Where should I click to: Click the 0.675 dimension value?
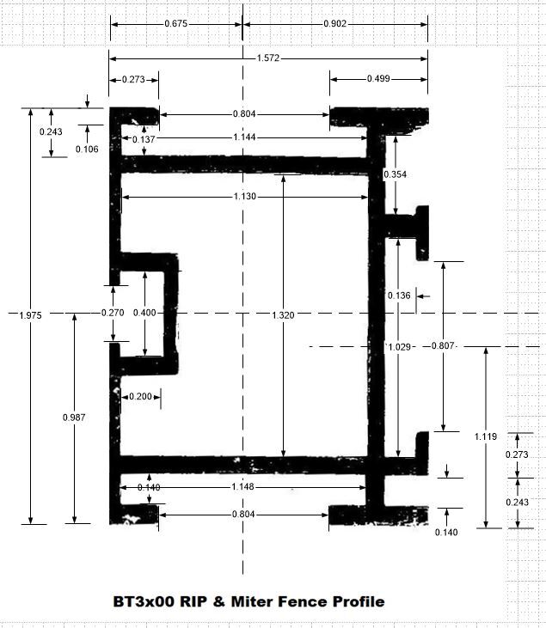[176, 24]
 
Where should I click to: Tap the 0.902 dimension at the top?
[334, 24]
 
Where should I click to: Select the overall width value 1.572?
[267, 58]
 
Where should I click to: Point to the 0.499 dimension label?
[378, 78]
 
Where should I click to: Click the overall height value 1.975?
[30, 315]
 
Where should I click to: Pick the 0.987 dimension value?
[74, 418]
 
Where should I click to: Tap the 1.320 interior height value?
[283, 315]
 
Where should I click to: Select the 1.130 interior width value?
[244, 197]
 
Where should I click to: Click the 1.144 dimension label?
[244, 137]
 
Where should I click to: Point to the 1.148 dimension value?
[243, 486]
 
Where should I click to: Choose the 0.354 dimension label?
[396, 174]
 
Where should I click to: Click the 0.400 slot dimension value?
[144, 313]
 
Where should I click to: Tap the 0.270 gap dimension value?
[113, 313]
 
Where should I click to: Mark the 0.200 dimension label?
[140, 397]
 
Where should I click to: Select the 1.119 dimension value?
[486, 436]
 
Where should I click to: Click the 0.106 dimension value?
[87, 149]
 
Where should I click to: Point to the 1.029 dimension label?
[400, 347]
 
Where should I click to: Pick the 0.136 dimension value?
[399, 296]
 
